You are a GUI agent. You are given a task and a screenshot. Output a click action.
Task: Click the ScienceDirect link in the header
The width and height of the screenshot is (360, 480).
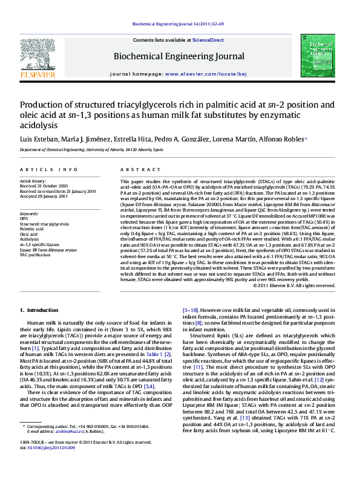point(208,40)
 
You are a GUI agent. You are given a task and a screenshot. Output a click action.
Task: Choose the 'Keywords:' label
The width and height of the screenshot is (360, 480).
point(29,213)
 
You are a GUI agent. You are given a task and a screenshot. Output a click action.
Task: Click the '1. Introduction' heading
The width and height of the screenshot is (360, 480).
point(39,310)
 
